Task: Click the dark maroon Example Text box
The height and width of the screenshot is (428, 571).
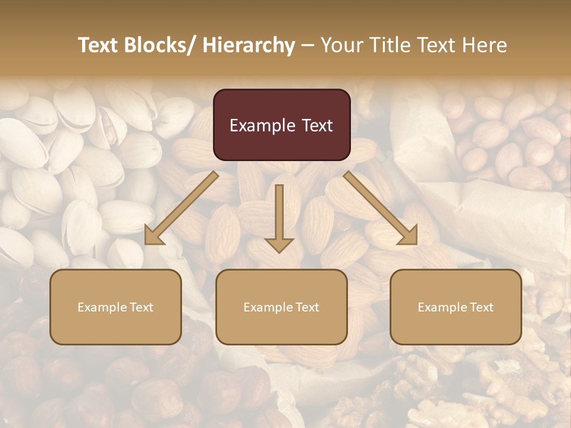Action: pyautogui.click(x=281, y=125)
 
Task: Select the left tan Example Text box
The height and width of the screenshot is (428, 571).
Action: pyautogui.click(x=115, y=307)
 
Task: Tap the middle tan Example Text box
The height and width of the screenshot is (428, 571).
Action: pyautogui.click(x=281, y=307)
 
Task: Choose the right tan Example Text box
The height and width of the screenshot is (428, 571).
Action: pyautogui.click(x=456, y=307)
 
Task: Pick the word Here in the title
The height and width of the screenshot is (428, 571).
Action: pyautogui.click(x=485, y=45)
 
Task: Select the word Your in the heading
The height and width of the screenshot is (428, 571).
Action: pyautogui.click(x=341, y=45)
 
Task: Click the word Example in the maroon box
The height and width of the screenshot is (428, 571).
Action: pyautogui.click(x=262, y=125)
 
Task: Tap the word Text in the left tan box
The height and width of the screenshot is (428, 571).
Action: pyautogui.click(x=142, y=307)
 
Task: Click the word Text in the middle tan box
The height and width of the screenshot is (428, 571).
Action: pyautogui.click(x=308, y=307)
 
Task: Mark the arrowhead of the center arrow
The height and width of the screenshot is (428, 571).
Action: pyautogui.click(x=279, y=244)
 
